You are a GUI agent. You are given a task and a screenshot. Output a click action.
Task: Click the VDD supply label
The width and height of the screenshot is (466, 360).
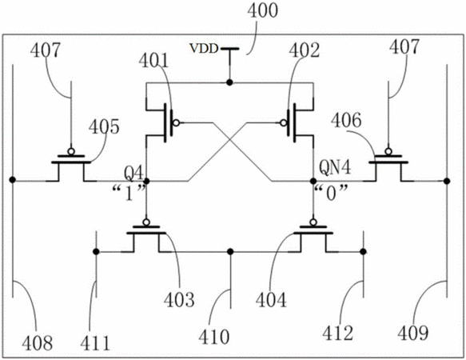(204, 49)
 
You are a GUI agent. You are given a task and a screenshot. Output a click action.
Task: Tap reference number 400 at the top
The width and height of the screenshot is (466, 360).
(263, 10)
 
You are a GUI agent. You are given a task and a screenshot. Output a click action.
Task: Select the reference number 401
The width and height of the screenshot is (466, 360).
(153, 61)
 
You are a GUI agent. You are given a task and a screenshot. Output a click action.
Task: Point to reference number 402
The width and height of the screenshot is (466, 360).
(305, 50)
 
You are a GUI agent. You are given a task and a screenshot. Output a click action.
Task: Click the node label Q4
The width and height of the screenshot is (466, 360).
(133, 173)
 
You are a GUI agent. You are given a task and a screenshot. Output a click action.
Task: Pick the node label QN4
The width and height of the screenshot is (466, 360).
(335, 167)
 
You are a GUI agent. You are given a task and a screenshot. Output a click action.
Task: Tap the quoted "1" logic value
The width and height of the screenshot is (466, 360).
(129, 193)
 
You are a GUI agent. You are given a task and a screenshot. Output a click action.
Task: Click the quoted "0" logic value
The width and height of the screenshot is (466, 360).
(331, 193)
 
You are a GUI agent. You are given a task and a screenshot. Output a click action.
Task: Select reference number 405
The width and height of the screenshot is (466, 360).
(104, 126)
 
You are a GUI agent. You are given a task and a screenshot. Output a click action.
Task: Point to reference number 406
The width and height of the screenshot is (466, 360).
(346, 121)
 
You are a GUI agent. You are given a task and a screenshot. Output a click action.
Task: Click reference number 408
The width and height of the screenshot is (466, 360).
(37, 342)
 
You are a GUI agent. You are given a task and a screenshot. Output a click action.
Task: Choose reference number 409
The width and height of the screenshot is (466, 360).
(413, 333)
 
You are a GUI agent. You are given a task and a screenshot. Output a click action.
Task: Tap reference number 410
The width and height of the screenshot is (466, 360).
(214, 337)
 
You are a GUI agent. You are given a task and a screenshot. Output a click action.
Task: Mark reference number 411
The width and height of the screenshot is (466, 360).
(95, 342)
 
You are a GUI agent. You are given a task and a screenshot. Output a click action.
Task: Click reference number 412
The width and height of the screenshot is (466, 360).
(338, 333)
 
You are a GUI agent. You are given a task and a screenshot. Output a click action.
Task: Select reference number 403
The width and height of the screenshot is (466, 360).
(179, 300)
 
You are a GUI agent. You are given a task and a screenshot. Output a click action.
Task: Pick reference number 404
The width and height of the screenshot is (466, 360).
(271, 300)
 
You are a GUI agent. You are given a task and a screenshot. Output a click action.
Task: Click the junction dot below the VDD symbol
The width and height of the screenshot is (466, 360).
(229, 82)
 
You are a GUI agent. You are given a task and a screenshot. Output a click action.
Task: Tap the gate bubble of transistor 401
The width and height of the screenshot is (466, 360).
(176, 123)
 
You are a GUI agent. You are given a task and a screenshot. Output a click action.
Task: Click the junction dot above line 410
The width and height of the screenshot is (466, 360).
(230, 252)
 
